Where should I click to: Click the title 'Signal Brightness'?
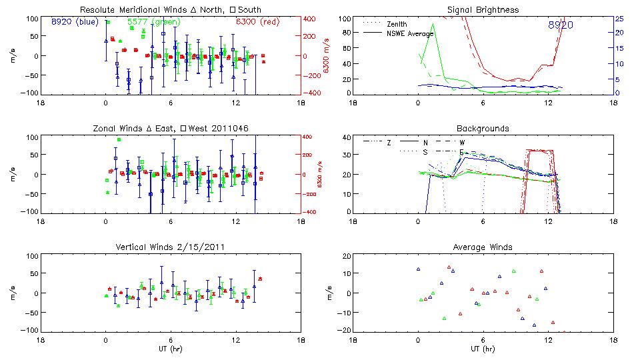[483, 10]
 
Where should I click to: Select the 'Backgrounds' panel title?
[483, 128]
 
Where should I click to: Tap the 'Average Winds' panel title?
[483, 247]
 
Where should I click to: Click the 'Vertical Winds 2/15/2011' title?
[171, 247]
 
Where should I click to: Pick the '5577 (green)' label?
[148, 22]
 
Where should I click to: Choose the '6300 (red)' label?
[251, 22]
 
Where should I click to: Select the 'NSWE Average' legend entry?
[411, 33]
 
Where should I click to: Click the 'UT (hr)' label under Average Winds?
[483, 348]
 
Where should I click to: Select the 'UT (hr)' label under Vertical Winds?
[171, 348]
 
